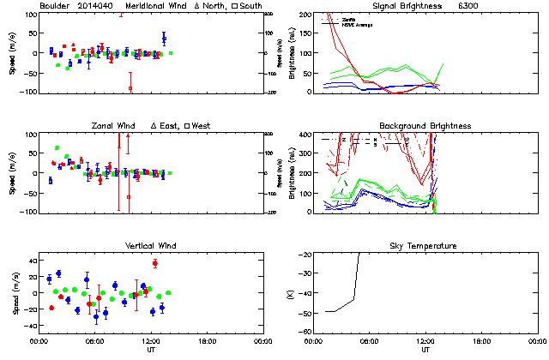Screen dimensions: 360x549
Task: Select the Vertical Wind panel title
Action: (x=148, y=246)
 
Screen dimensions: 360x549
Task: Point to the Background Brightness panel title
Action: (x=425, y=126)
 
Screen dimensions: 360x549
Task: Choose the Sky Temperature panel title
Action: (x=426, y=246)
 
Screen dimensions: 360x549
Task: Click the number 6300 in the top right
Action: (x=492, y=7)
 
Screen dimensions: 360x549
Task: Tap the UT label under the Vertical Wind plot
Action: (x=148, y=349)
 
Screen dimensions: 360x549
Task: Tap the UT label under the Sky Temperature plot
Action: (x=426, y=349)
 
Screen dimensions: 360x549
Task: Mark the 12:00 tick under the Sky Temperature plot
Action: (x=425, y=340)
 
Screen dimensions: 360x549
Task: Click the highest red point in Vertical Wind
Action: (x=155, y=262)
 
